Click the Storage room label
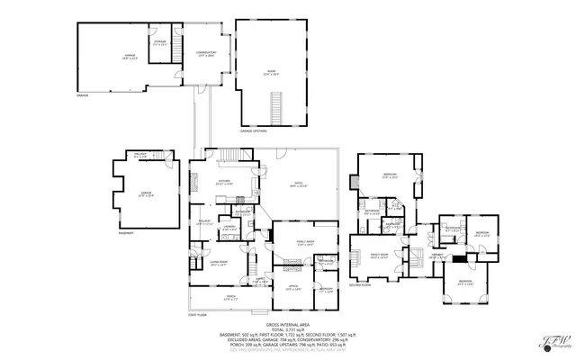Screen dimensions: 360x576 pos(159,42)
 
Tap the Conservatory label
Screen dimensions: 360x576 pos(207,54)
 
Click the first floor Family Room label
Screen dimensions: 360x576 pos(305,242)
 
